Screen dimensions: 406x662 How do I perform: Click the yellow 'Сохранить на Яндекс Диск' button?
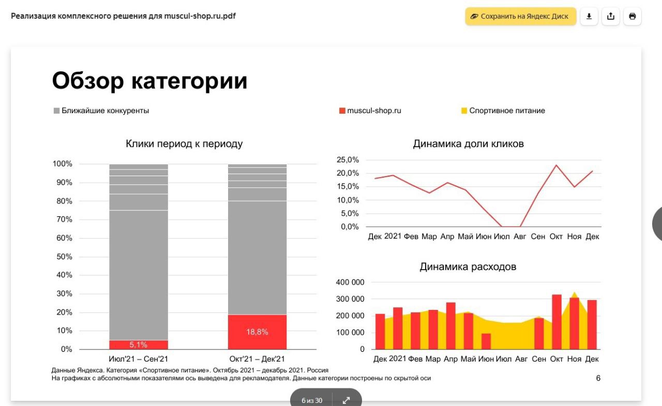520,17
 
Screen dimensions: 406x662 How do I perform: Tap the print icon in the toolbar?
632,17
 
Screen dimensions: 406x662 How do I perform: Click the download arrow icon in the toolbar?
589,17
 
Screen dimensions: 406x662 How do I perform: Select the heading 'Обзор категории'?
150,81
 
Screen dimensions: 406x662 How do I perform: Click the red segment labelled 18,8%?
257,332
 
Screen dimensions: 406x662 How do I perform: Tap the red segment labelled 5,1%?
139,345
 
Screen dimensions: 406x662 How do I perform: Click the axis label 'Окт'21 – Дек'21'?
257,359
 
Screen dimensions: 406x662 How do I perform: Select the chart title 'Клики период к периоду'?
184,144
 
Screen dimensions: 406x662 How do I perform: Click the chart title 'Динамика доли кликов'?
468,144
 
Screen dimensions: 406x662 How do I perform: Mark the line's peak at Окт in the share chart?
556,165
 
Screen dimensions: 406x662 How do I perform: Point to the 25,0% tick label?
348,160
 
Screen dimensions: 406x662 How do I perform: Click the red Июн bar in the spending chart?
486,341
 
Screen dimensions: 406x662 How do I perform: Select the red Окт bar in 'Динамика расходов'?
556,322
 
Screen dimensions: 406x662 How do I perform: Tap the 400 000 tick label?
350,283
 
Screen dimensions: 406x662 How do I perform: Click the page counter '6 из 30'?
312,400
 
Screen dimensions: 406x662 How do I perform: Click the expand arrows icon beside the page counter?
346,400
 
